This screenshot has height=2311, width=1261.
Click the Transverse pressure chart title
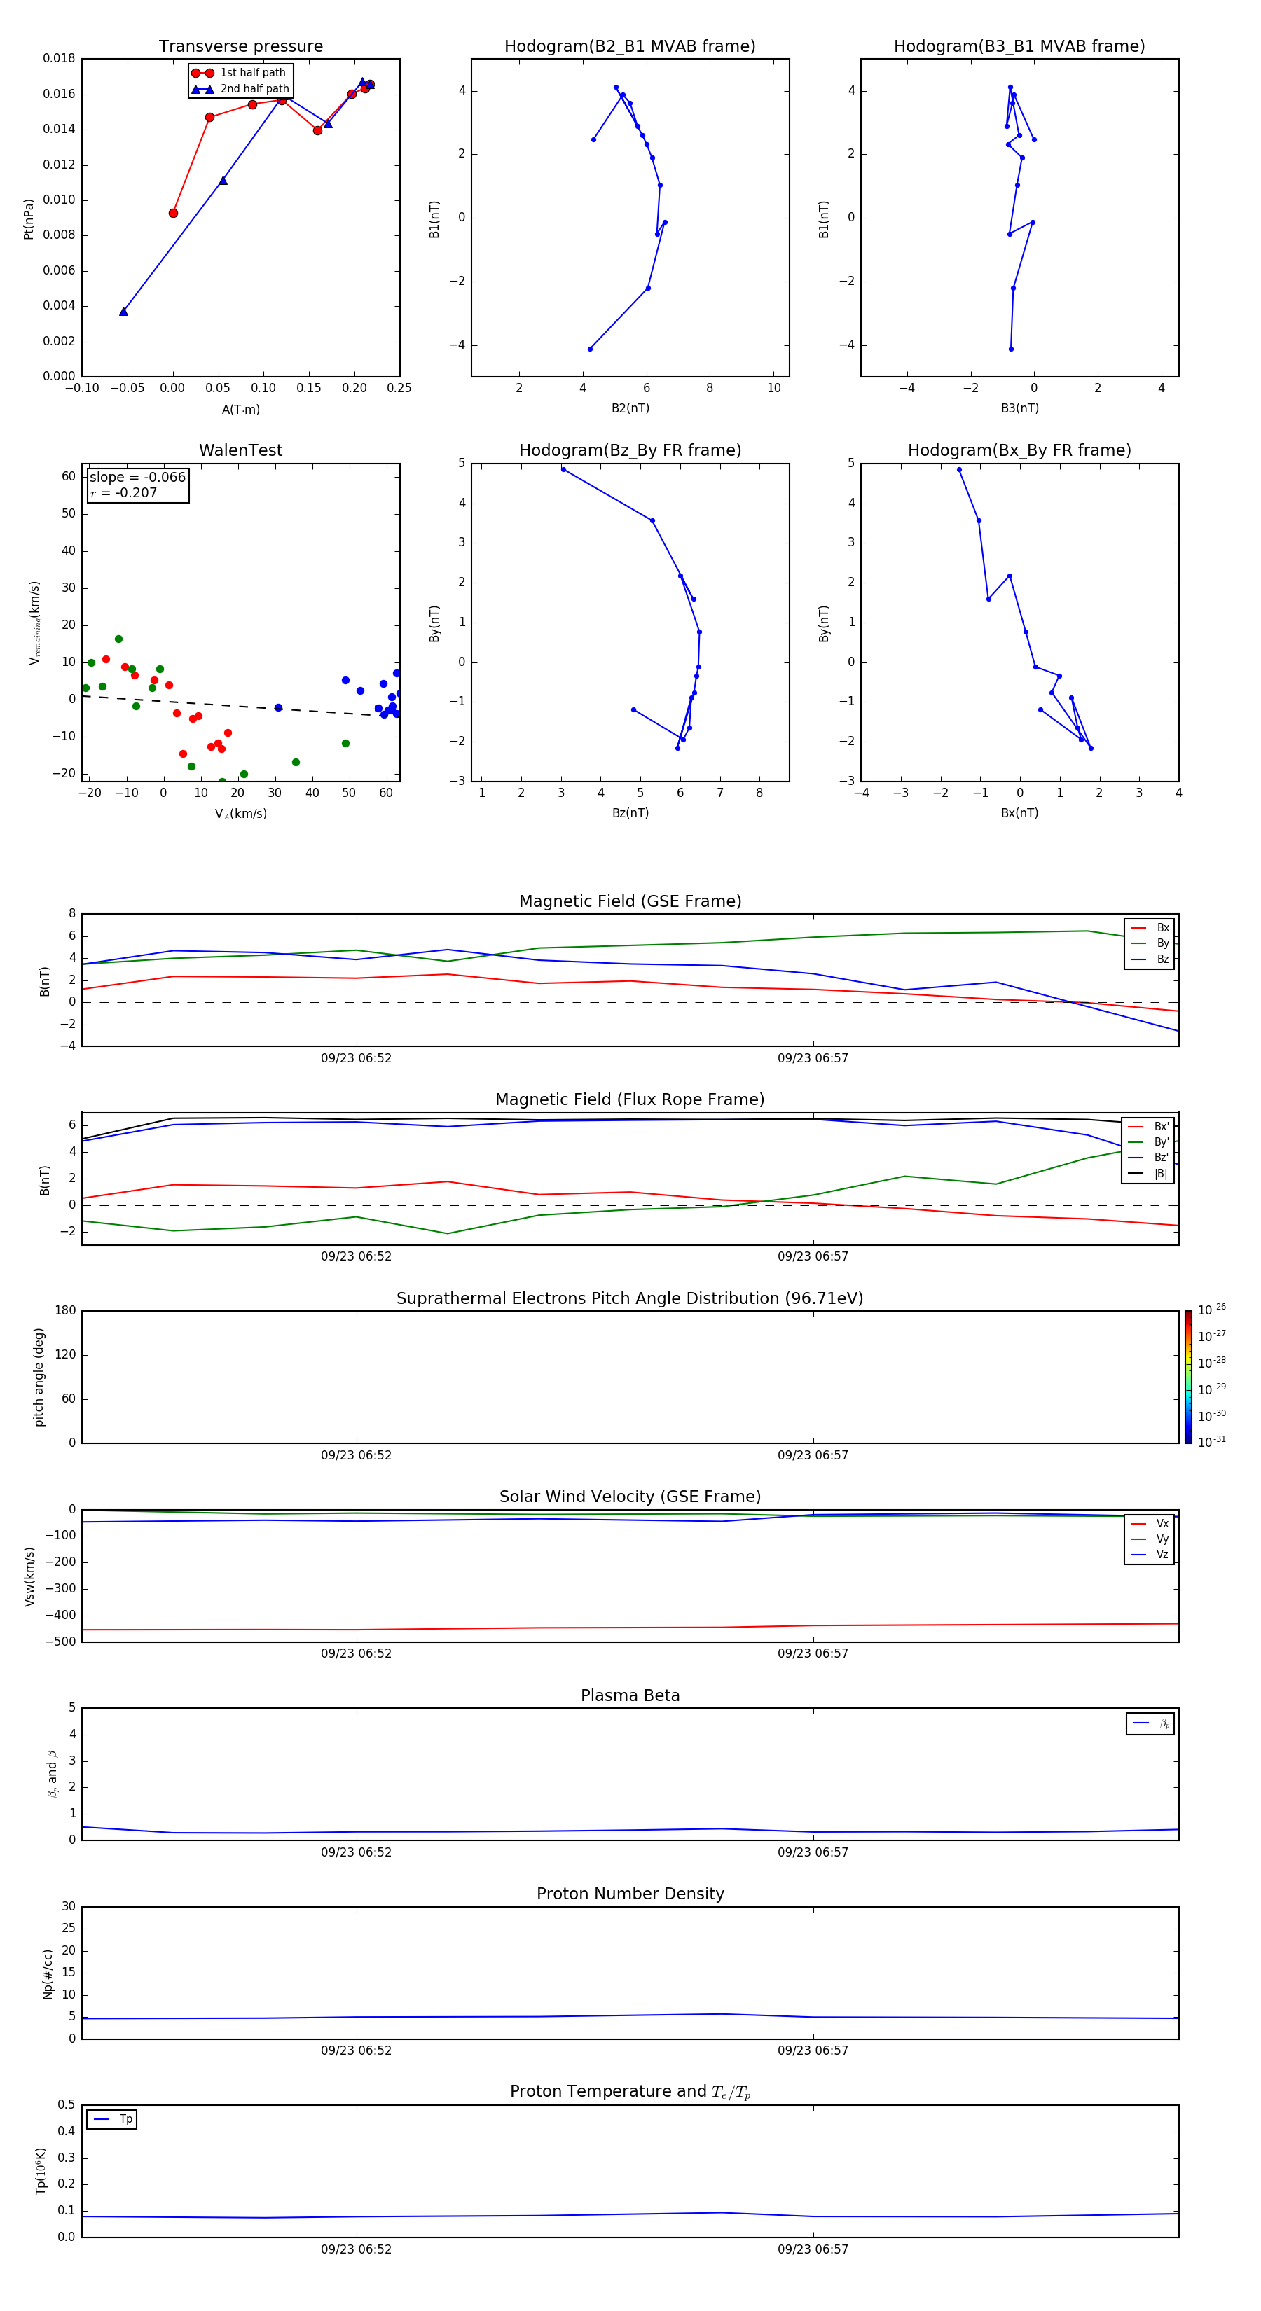click(x=240, y=47)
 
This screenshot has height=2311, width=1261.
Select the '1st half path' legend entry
click(x=252, y=73)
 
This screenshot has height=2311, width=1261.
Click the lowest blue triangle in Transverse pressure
click(x=124, y=312)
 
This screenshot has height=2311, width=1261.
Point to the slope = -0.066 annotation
click(x=137, y=478)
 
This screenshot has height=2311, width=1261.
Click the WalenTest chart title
click(x=240, y=450)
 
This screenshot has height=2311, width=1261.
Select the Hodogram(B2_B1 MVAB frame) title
click(x=629, y=47)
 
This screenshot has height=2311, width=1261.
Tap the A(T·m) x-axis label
click(x=240, y=410)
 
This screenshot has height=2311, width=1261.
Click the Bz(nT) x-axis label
click(x=630, y=813)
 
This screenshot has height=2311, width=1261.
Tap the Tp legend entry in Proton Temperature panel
click(x=125, y=2119)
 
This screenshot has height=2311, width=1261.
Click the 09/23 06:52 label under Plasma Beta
click(x=357, y=1852)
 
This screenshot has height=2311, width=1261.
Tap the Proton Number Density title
click(x=630, y=1894)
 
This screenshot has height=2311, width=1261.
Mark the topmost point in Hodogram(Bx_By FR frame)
click(x=958, y=469)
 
